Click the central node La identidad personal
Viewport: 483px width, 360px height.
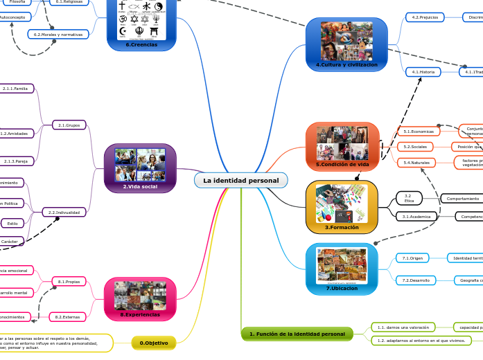click(240, 181)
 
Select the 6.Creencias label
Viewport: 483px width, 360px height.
click(141, 44)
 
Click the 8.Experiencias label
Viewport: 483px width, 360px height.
click(139, 314)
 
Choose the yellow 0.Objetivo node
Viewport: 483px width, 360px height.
click(153, 342)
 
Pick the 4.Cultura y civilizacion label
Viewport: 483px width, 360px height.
click(346, 64)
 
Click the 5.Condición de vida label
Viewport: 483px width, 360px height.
click(342, 164)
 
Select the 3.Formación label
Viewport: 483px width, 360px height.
click(342, 226)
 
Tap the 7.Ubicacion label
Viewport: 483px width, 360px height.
click(342, 288)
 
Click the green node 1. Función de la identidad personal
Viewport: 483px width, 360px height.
click(297, 334)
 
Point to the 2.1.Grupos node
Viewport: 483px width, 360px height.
click(69, 125)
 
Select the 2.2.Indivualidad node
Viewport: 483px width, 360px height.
click(64, 212)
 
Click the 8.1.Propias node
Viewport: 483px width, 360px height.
click(69, 282)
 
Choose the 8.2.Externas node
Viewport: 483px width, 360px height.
click(69, 316)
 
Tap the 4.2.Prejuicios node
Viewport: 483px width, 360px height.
click(425, 17)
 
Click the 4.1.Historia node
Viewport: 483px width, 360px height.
click(423, 72)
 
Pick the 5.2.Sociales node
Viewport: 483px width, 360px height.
click(415, 147)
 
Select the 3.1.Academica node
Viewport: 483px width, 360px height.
click(418, 217)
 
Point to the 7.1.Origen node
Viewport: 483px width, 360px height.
click(413, 258)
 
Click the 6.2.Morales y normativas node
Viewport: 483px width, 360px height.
click(58, 34)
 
